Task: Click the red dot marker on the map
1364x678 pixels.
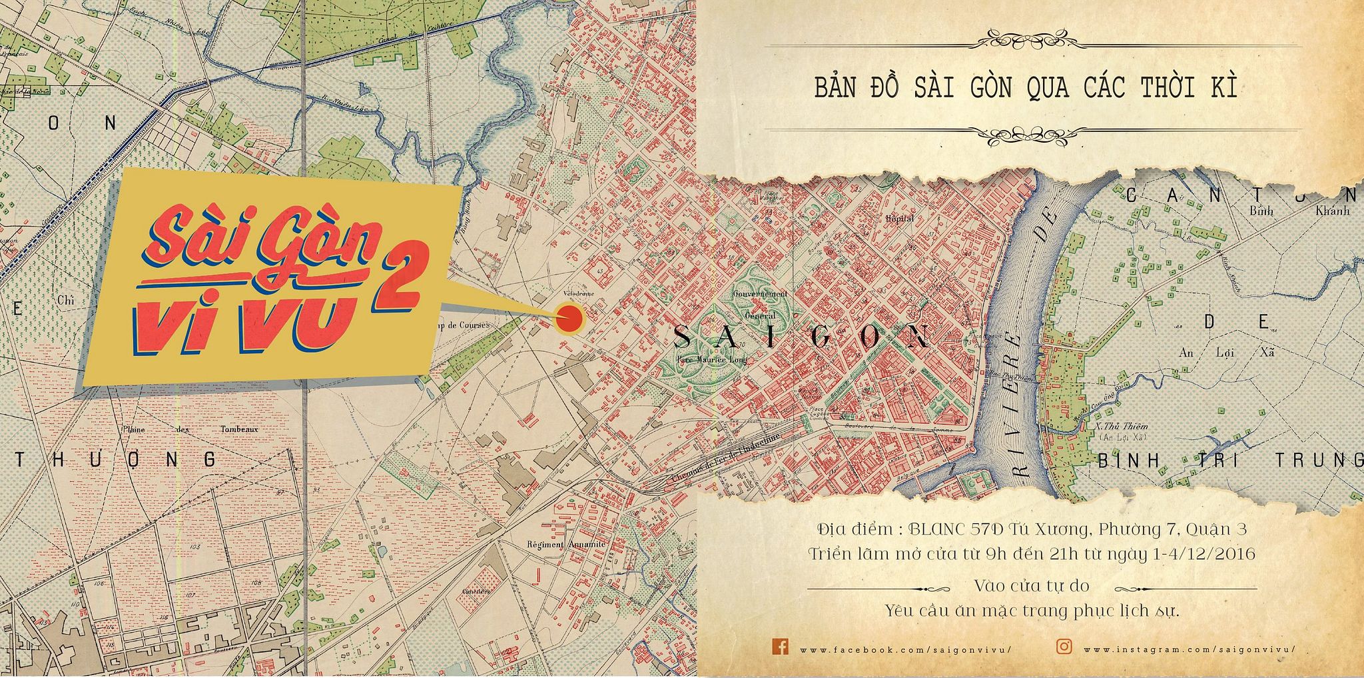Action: pyautogui.click(x=569, y=319)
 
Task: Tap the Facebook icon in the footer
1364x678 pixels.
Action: pyautogui.click(x=780, y=646)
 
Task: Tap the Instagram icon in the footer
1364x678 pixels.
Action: pyautogui.click(x=1064, y=647)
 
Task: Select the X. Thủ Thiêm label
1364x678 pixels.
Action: pyautogui.click(x=1122, y=426)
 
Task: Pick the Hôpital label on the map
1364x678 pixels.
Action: pyautogui.click(x=899, y=219)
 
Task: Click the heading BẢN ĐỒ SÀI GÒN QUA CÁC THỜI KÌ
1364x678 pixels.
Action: pyautogui.click(x=1026, y=88)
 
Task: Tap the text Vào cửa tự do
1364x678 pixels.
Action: pyautogui.click(x=1031, y=586)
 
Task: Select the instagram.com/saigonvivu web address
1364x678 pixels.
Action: pyautogui.click(x=1189, y=649)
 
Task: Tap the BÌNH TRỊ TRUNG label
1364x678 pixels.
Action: pyautogui.click(x=1229, y=460)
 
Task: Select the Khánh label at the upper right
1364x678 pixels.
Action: pyautogui.click(x=1332, y=211)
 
